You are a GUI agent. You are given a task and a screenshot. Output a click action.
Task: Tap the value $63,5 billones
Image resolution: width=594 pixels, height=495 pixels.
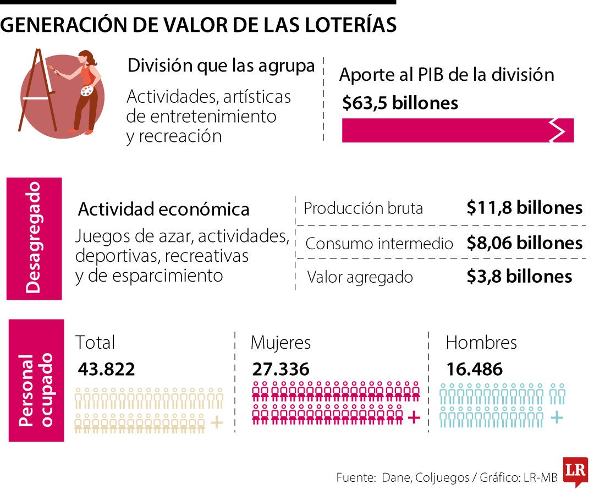click(400, 103)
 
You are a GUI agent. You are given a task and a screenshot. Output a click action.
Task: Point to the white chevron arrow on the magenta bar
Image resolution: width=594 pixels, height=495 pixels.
click(557, 130)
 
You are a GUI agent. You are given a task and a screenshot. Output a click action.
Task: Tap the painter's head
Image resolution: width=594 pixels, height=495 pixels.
click(86, 57)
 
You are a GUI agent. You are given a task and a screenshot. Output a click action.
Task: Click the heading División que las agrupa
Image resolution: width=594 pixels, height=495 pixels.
click(221, 66)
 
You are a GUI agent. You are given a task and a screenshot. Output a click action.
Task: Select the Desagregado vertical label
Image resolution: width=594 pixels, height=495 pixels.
click(34, 238)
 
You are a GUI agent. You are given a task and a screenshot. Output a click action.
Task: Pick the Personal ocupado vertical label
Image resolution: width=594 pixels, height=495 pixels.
click(36, 381)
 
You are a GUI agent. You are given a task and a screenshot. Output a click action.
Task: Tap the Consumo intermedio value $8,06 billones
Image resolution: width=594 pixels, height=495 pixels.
click(524, 243)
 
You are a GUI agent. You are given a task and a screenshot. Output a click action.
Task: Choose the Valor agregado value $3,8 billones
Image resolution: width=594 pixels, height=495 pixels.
click(519, 276)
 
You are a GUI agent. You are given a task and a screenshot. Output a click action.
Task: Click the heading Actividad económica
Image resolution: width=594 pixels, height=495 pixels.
click(163, 210)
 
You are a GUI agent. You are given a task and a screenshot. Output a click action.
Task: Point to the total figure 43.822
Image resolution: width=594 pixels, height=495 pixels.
click(106, 369)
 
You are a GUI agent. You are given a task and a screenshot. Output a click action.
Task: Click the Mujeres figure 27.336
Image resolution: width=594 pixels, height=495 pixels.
click(280, 369)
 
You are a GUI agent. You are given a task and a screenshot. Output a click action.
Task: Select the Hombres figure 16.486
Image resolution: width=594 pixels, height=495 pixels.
click(474, 369)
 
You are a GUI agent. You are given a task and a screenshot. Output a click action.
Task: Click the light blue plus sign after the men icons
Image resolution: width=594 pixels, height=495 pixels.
click(557, 417)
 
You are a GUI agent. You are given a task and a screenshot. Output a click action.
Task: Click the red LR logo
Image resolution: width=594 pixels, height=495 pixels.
click(575, 471)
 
